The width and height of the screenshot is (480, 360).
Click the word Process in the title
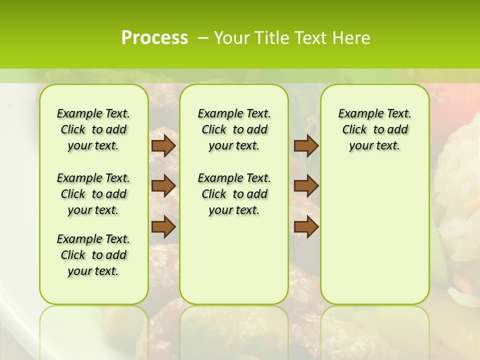click(x=154, y=38)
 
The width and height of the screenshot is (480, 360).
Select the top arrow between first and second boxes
click(x=163, y=145)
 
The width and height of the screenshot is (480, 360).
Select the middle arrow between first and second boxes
click(x=163, y=186)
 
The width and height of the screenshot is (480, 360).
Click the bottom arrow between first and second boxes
click(x=163, y=226)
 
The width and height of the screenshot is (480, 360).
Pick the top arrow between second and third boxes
click(x=306, y=145)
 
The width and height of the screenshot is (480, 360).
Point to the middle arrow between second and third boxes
click(x=306, y=186)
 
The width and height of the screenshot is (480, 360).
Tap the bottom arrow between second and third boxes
click(x=306, y=226)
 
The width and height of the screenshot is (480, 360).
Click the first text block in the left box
click(x=93, y=129)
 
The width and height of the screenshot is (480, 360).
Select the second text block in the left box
click(x=93, y=194)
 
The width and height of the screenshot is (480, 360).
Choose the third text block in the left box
click(x=93, y=255)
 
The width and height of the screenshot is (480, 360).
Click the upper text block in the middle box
click(x=234, y=129)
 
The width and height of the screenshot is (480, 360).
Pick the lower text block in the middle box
click(x=234, y=194)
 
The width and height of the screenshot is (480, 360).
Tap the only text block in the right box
click(x=375, y=129)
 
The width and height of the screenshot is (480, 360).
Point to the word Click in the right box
click(x=354, y=130)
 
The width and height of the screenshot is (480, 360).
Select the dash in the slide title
click(x=202, y=38)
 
